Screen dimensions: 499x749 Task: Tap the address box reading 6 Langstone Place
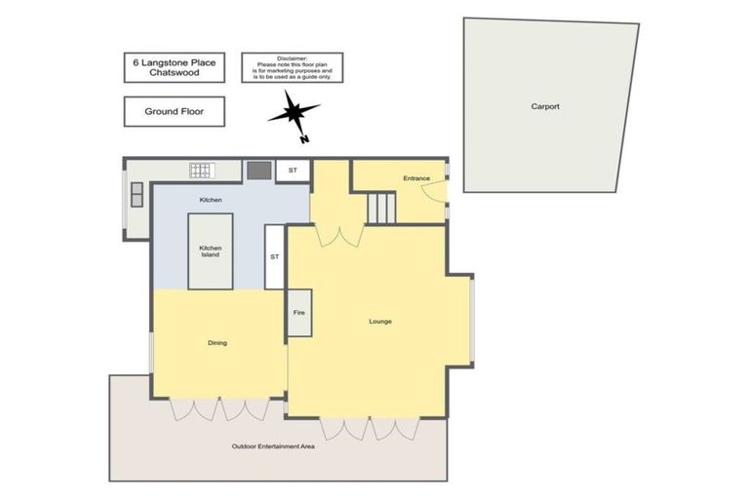point(176,67)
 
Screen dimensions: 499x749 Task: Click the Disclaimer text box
point(292,67)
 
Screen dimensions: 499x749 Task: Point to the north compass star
point(294,115)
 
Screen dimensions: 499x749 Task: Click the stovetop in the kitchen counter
point(201,172)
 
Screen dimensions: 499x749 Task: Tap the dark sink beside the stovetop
point(258,171)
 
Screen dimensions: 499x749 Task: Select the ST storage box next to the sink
point(293,171)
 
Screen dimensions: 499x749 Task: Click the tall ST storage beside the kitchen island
point(274,256)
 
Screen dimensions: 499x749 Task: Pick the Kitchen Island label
point(211,251)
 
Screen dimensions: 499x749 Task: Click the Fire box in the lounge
point(299,313)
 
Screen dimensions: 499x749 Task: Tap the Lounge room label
point(380,321)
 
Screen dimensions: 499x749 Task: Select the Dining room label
point(217,342)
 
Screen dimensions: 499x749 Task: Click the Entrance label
point(416,178)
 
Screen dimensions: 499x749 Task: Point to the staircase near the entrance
point(381,207)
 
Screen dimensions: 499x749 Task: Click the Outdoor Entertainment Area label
point(273,446)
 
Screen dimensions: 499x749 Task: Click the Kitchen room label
point(211,200)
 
